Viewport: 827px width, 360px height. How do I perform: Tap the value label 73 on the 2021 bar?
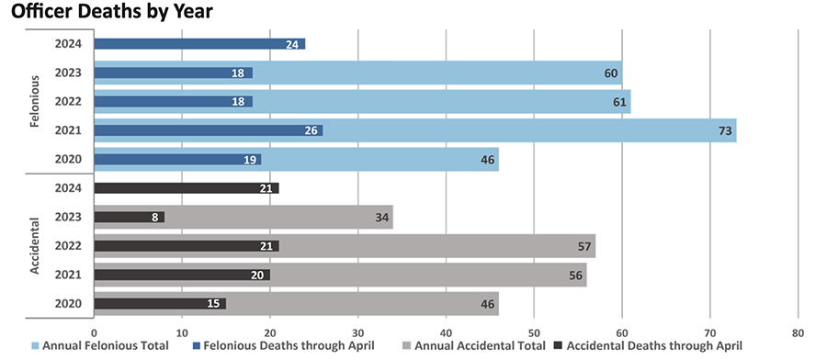tap(725, 130)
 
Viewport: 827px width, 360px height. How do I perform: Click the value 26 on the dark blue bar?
tap(312, 130)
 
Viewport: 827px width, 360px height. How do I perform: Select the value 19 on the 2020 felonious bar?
tap(250, 160)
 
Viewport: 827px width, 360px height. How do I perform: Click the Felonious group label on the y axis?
tap(35, 102)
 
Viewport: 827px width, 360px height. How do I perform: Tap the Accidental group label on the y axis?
tap(35, 246)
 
